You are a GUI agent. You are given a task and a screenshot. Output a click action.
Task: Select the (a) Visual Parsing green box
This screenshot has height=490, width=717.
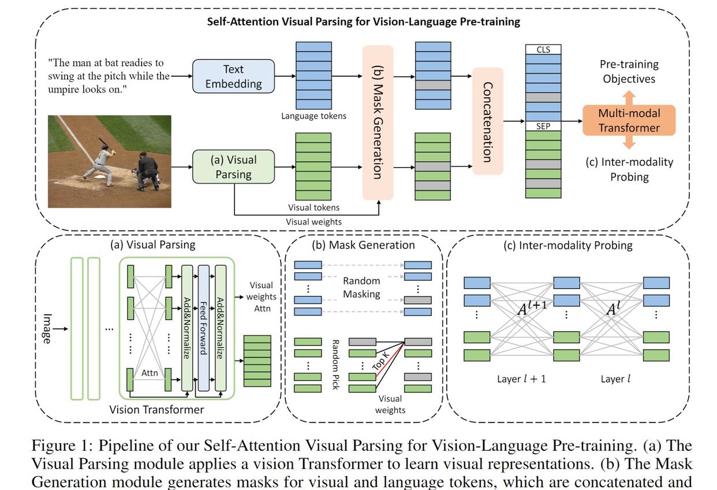tap(233, 167)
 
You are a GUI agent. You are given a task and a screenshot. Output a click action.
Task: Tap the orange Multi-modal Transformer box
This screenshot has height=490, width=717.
tap(629, 120)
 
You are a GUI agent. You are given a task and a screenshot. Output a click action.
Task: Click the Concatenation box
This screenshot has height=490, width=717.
tap(487, 121)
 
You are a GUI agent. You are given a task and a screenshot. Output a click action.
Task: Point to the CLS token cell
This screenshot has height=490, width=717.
tap(543, 50)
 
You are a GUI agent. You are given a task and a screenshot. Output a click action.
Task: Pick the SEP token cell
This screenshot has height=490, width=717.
tap(543, 125)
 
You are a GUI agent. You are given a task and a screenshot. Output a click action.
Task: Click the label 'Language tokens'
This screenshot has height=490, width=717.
tap(313, 116)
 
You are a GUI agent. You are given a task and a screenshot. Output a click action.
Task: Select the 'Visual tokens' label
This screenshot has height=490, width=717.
tap(313, 207)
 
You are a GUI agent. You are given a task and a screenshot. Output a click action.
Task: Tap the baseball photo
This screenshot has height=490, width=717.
tap(110, 161)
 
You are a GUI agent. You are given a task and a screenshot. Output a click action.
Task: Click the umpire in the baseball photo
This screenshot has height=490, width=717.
tap(148, 170)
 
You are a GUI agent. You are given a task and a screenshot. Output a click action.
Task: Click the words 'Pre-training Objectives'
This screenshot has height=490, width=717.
tap(629, 72)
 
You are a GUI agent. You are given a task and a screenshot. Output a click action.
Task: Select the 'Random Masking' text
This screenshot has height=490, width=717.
tap(361, 287)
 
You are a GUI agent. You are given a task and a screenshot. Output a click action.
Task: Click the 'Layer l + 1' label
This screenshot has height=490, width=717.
tap(521, 379)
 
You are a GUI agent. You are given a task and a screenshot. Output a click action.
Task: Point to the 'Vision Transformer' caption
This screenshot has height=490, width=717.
tap(156, 410)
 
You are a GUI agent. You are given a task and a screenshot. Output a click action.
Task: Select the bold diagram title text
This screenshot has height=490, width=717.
tap(364, 22)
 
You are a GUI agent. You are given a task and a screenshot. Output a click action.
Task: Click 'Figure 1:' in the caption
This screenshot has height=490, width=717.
tap(62, 446)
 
